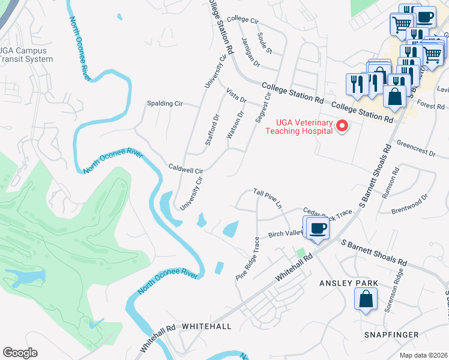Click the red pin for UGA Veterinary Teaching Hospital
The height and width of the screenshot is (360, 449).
342,125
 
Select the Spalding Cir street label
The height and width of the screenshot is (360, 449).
164,103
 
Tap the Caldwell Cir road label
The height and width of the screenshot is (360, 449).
186,169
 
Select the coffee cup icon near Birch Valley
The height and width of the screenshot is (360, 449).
318,229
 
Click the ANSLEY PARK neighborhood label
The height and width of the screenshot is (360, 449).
349,283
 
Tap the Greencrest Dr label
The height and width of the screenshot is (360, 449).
416,149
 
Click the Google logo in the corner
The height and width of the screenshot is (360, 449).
20,353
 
